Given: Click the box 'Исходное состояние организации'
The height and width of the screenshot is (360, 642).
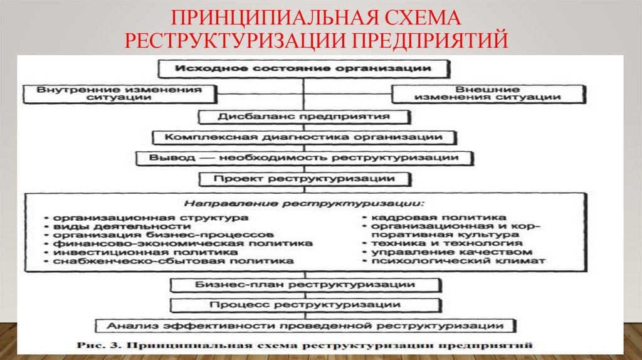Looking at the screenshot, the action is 303,68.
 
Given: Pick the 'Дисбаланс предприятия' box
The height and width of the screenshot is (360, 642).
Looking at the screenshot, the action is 303,117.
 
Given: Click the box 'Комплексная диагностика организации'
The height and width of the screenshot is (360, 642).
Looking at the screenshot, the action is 303,137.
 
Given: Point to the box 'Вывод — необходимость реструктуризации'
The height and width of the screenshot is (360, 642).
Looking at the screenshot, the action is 303,157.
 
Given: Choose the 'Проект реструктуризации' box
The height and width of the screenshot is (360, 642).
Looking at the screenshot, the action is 303,179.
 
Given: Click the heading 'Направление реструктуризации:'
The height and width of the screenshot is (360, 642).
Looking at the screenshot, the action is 303,204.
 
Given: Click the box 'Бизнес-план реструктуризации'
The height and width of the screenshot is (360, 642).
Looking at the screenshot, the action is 303,285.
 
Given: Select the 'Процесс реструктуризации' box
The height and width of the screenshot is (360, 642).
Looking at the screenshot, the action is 303,305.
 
